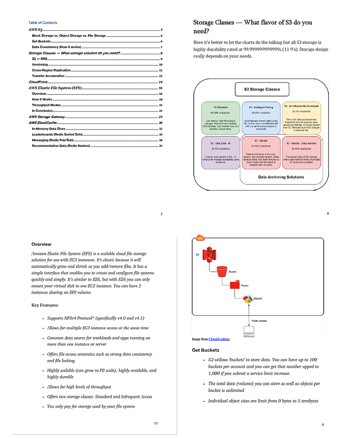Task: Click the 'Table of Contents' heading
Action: coord(43,22)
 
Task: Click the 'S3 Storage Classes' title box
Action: coord(262,89)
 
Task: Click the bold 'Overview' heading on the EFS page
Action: coord(41,244)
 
